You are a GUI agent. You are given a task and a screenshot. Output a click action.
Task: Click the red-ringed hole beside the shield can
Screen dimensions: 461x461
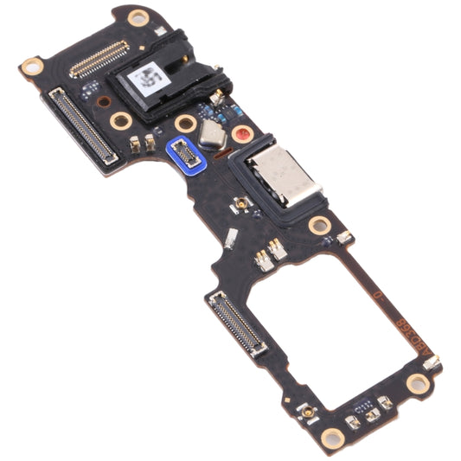click(240, 135)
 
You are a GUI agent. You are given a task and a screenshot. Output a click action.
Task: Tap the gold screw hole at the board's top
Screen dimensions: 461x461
click(137, 16)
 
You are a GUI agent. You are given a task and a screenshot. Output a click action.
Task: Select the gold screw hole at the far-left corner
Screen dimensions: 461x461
click(32, 66)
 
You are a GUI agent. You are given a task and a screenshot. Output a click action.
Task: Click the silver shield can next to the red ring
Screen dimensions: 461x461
click(210, 132)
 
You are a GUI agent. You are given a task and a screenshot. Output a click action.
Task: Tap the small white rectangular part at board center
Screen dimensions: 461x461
click(230, 239)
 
